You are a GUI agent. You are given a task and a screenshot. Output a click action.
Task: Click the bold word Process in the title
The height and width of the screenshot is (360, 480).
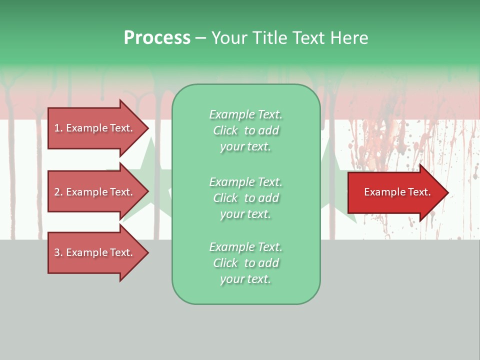(x=157, y=38)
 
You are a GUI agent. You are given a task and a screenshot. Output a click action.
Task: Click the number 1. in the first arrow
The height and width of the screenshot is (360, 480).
(x=58, y=128)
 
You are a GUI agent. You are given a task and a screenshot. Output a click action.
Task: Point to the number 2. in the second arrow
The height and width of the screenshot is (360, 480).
(x=58, y=192)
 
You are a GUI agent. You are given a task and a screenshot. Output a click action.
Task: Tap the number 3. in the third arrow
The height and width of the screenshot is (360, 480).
(x=58, y=252)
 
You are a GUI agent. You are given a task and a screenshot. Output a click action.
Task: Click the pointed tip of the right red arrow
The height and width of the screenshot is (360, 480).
(x=446, y=192)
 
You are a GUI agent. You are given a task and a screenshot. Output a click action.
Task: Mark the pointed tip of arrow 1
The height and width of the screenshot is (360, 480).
(x=147, y=128)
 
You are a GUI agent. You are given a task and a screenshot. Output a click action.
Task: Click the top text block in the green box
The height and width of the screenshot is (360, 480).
(x=245, y=130)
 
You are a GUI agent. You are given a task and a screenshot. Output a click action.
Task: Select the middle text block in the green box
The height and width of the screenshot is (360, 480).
(x=245, y=198)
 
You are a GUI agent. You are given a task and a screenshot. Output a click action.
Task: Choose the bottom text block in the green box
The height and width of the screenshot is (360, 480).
(x=245, y=263)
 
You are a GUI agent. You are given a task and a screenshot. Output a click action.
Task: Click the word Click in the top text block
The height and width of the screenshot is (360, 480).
(x=225, y=130)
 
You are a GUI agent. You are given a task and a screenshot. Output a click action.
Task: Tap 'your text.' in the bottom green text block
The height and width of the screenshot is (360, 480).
(x=245, y=279)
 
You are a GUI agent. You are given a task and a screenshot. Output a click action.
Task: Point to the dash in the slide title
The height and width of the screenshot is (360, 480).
(x=200, y=38)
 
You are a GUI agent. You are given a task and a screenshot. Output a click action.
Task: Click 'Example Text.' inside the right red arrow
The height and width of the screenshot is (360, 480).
(x=397, y=192)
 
